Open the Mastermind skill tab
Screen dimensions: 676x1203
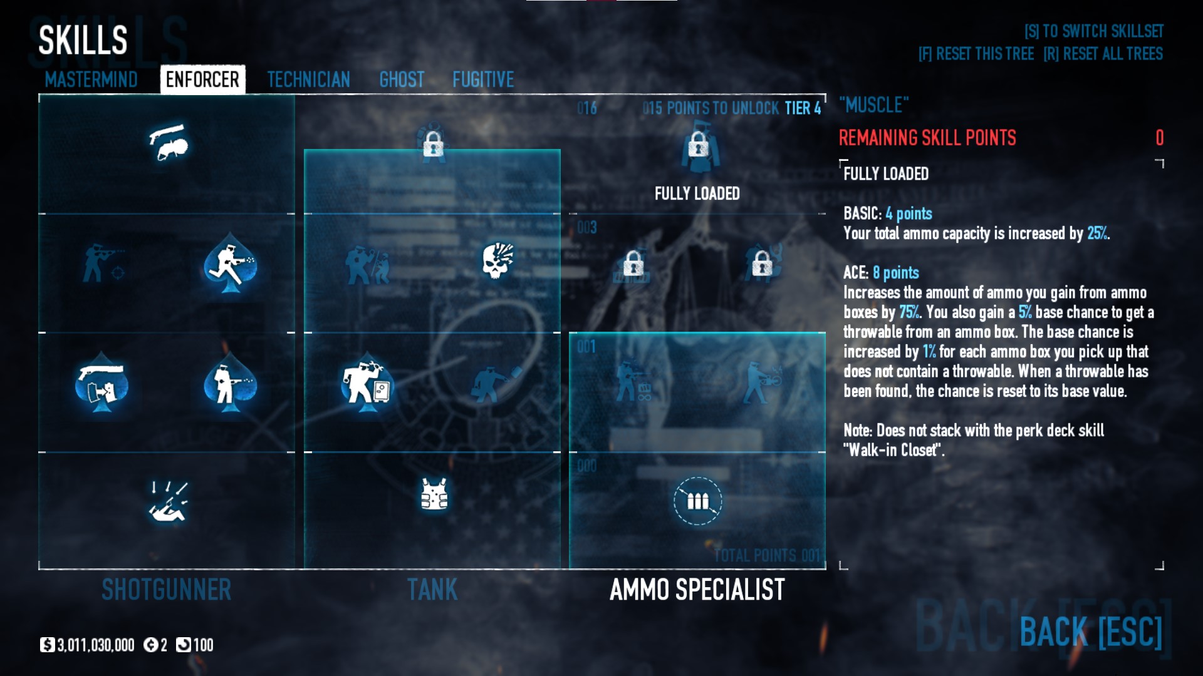point(91,79)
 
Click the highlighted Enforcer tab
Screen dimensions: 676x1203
point(202,79)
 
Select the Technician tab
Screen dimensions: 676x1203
point(308,79)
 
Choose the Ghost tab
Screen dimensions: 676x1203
point(402,79)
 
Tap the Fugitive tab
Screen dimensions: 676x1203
point(483,79)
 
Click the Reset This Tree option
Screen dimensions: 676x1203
point(976,54)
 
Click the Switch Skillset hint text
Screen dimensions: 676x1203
point(1093,31)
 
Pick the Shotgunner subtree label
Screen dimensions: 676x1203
point(167,590)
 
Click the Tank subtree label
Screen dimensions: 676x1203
point(432,590)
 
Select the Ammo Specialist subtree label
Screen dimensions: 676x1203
point(697,590)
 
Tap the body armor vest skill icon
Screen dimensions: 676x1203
point(434,494)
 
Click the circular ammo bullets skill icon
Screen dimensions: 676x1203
point(697,501)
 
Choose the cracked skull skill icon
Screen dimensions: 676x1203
point(498,260)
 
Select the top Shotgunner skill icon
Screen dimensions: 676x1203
point(168,142)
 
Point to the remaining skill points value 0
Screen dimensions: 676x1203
point(1159,138)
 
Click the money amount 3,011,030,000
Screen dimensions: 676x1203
point(95,645)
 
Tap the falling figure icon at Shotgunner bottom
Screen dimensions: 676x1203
point(168,502)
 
